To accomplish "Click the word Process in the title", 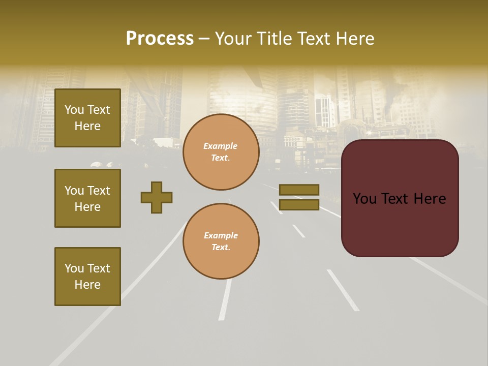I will pos(160,39).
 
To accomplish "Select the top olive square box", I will pos(87,118).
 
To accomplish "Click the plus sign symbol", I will pos(157,197).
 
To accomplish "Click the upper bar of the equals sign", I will pos(299,190).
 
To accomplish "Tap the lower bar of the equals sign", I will pos(299,205).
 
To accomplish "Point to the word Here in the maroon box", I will pos(430,199).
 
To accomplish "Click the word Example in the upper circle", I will pos(220,146).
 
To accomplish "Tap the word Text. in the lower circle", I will pos(221,247).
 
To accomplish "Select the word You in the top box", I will pos(74,110).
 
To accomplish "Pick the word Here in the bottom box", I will pos(87,285).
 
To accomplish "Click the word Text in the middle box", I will pos(99,191).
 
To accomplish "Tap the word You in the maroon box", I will pos(364,199).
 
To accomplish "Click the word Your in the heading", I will pos(233,39).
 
